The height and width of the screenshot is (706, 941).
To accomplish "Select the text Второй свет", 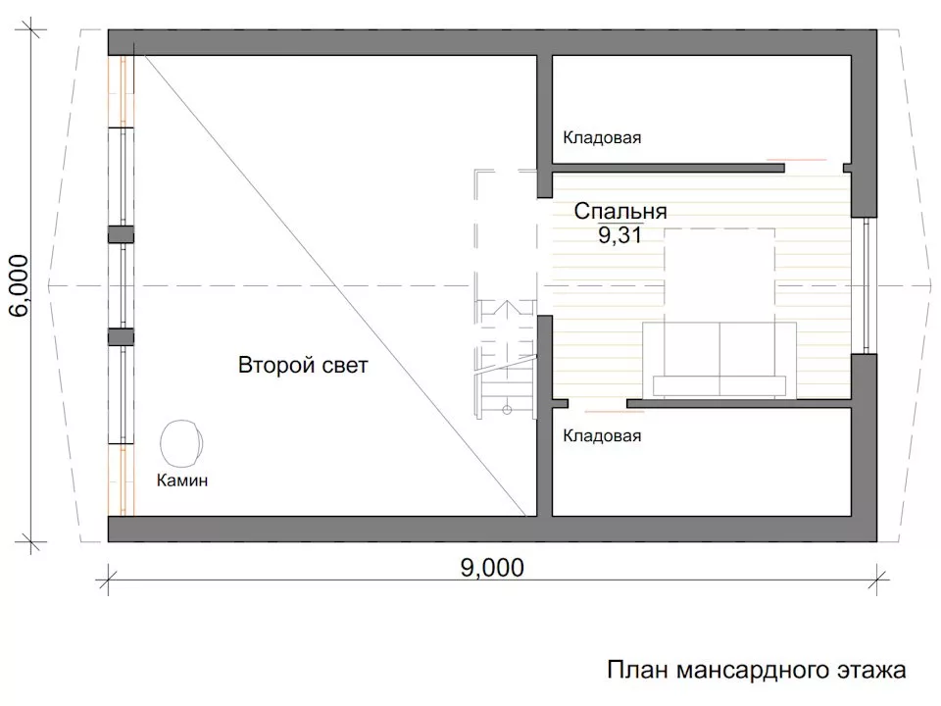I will (x=303, y=367).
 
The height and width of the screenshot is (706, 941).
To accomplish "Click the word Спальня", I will (x=619, y=211).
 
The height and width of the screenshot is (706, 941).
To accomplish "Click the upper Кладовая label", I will (x=602, y=138).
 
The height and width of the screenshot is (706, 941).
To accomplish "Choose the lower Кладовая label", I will (x=602, y=436).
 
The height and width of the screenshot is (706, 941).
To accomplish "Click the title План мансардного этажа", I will (x=756, y=672).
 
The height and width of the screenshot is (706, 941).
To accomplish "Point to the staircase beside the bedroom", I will (x=506, y=358).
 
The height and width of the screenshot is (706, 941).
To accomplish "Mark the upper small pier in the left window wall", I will (x=120, y=235).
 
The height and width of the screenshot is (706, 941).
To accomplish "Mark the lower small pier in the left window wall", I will (x=120, y=336).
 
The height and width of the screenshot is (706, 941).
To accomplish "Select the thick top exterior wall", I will (x=490, y=42).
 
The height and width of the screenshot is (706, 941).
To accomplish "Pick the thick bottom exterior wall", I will (x=490, y=529).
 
